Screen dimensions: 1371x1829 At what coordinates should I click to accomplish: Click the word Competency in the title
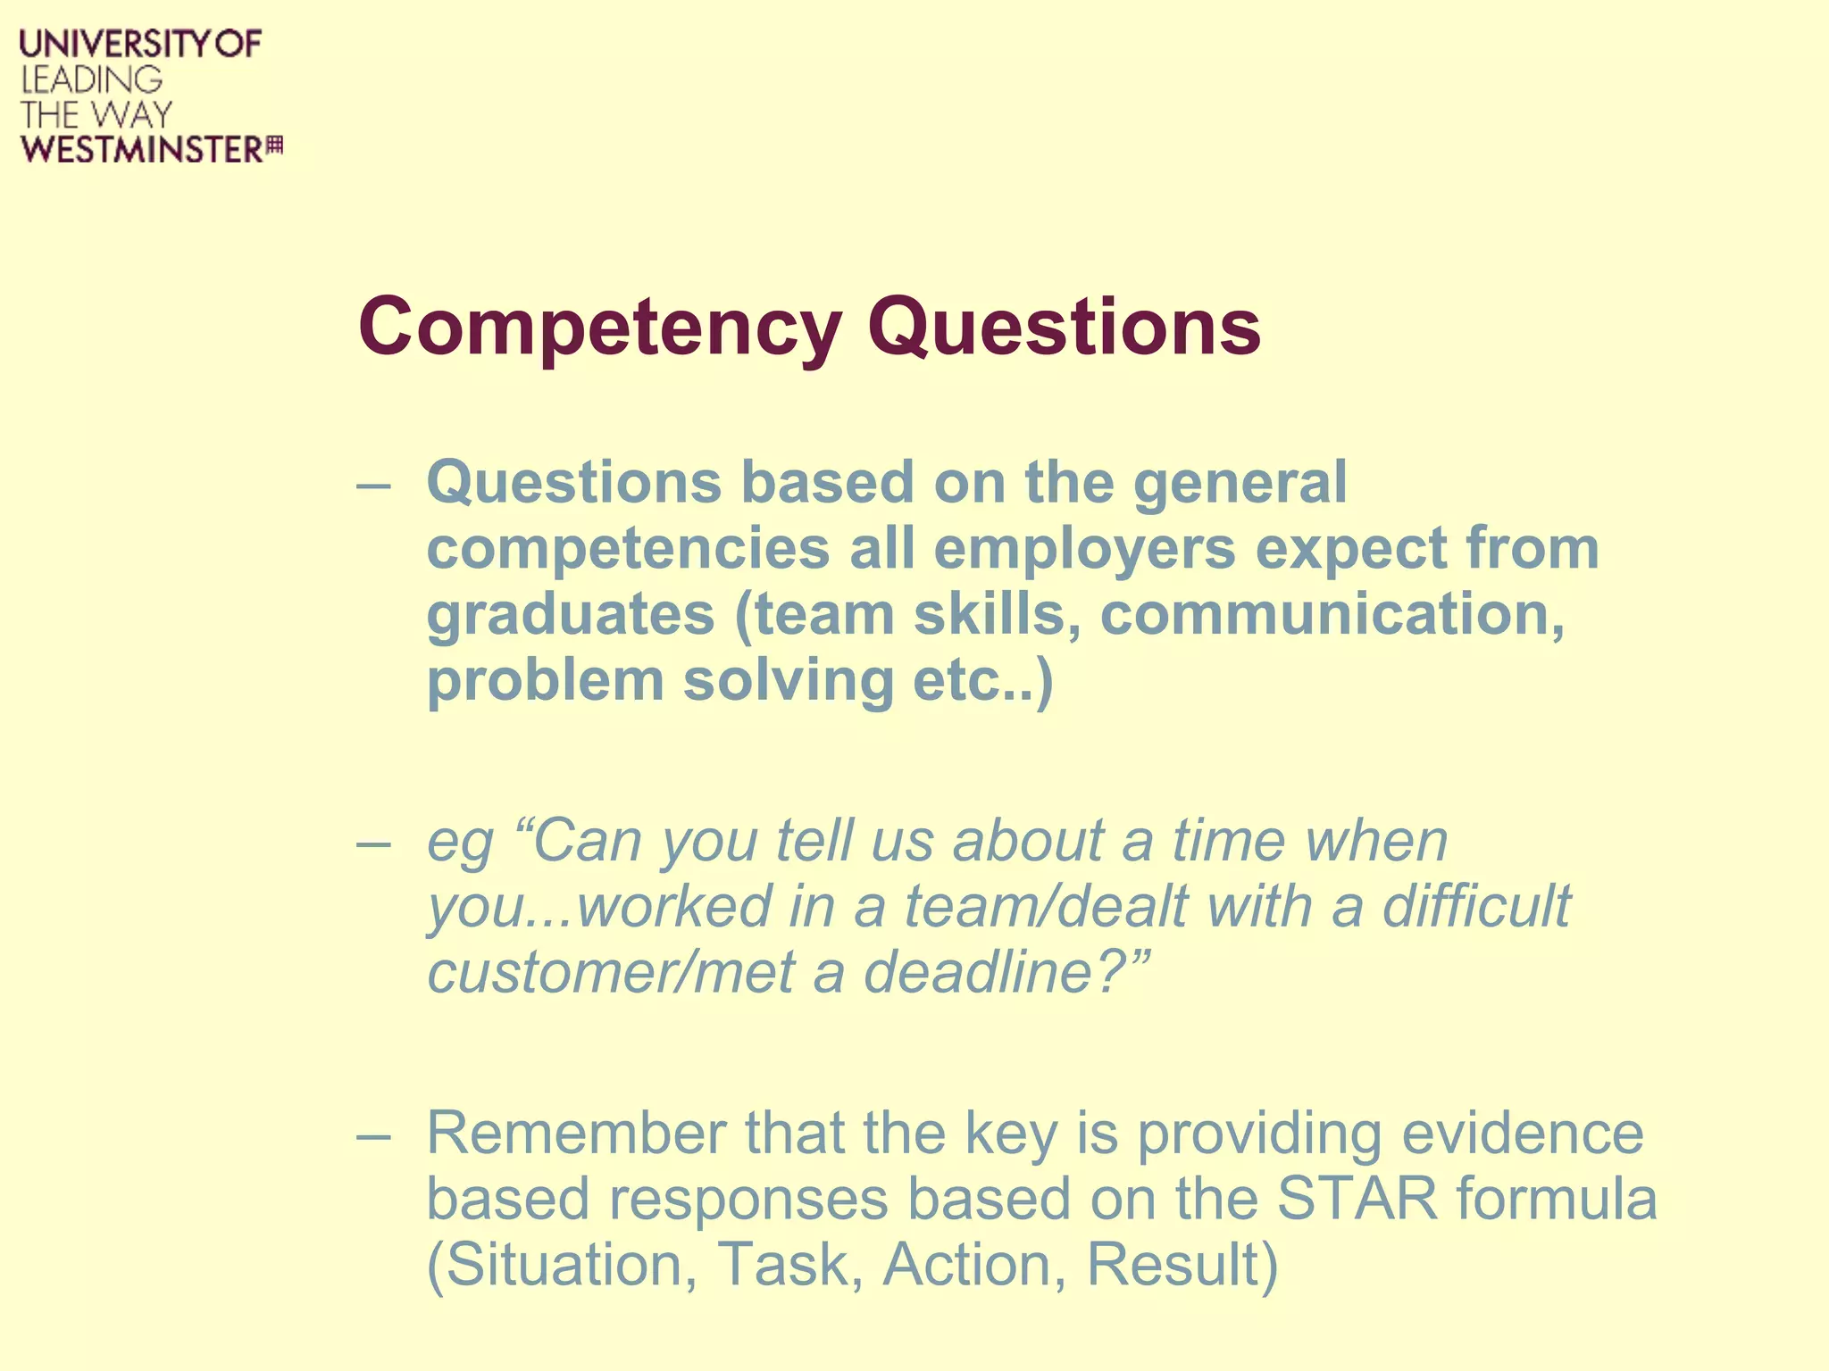pos(598,328)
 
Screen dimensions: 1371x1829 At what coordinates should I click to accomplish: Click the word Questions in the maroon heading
pos(1063,328)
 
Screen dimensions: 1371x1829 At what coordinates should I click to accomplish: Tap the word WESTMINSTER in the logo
pos(143,149)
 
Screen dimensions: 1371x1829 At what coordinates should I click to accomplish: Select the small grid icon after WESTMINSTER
pos(275,145)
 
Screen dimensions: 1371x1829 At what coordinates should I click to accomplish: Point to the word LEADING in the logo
pos(91,79)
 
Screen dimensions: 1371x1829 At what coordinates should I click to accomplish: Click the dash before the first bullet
pos(372,486)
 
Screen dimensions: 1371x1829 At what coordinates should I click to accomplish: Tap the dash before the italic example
pos(372,843)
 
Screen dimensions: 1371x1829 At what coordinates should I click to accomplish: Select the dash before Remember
pos(372,1135)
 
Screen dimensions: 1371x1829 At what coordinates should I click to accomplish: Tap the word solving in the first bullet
pos(788,680)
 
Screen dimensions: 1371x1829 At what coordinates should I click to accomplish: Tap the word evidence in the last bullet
pos(1522,1134)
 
